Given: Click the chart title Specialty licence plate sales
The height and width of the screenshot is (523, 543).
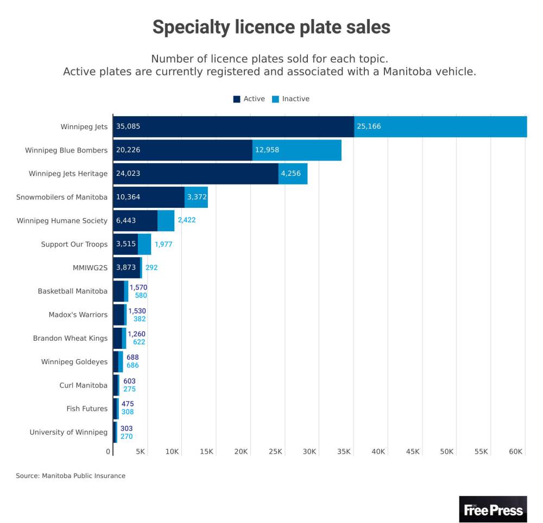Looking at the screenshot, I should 271,27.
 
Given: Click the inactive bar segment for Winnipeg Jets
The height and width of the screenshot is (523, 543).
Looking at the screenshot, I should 440,126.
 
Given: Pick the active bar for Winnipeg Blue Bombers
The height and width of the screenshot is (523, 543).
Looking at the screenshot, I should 182,150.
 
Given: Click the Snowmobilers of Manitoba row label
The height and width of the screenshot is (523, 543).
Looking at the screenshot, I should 62,197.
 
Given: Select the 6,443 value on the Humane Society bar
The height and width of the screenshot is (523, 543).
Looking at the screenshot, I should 126,220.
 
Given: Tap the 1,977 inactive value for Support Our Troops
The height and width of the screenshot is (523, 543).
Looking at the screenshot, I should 165,244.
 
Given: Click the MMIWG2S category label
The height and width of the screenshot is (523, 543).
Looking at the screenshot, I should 90,267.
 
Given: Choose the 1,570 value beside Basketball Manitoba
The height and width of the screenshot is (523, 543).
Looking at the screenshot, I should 138,287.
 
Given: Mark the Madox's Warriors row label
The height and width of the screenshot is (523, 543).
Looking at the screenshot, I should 78,315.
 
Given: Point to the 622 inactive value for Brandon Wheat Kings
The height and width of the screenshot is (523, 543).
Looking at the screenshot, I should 139,342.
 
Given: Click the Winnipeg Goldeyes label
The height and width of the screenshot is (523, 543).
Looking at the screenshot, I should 74,362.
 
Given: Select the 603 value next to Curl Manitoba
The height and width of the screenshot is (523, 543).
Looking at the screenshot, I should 129,381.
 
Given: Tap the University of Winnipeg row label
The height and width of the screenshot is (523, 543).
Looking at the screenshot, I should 68,432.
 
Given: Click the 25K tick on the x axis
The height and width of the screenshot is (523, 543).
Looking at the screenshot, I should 276,452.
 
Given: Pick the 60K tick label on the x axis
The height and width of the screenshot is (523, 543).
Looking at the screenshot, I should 516,452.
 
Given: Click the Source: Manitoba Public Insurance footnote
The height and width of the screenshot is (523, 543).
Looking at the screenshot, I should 71,476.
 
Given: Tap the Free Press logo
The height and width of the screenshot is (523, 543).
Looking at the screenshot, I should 493,509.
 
